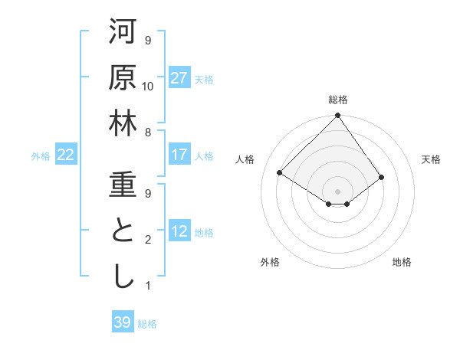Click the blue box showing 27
[x=179, y=77]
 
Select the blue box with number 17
[x=179, y=155]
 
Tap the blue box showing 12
[x=179, y=231]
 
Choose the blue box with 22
[x=66, y=155]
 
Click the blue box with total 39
[x=123, y=322]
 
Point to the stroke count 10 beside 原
[x=148, y=86]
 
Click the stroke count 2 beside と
[x=148, y=240]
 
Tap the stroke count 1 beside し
[x=148, y=286]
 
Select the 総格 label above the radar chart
[x=337, y=100]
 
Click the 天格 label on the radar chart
[x=431, y=159]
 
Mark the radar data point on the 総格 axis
[x=337, y=116]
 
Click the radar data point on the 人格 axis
[x=280, y=173]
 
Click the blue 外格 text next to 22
[x=41, y=155]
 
